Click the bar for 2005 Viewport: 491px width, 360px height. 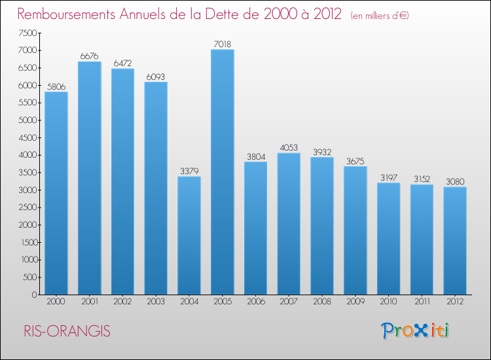coord(223,172)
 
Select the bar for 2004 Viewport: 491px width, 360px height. coord(189,236)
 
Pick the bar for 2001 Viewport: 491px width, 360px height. coord(90,178)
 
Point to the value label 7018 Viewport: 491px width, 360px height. coord(223,44)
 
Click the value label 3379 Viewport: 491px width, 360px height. coord(189,171)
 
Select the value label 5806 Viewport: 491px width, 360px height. coord(56,86)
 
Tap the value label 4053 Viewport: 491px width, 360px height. coord(289,147)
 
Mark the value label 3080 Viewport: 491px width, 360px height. coord(455,181)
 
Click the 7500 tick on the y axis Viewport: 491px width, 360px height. coord(27,33)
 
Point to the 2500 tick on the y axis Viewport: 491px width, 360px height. coord(27,207)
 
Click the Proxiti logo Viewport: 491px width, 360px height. coord(416,331)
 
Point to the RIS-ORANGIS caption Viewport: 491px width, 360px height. coord(65,331)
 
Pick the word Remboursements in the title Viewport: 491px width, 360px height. coord(74,14)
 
